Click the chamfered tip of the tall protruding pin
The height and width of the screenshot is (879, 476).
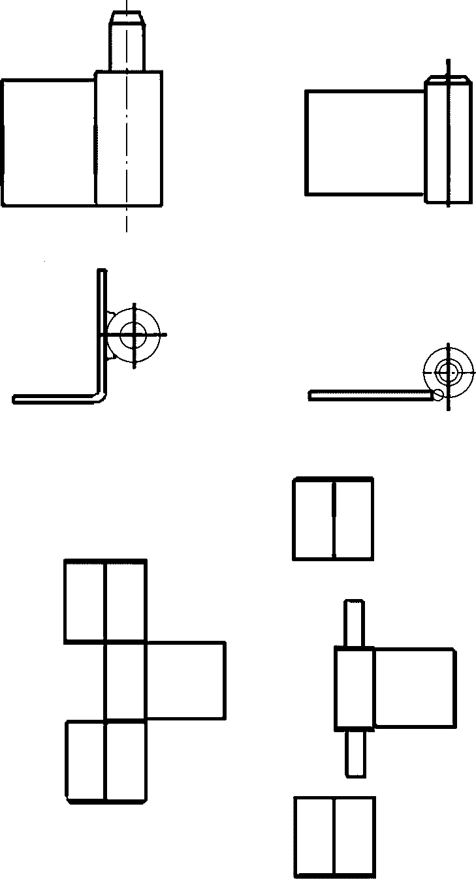[127, 17]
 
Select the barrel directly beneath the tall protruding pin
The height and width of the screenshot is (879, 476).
[129, 138]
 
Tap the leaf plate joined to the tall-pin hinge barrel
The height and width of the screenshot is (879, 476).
[48, 142]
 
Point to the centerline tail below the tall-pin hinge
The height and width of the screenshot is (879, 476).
[127, 221]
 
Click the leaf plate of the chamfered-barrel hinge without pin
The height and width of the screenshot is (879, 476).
[365, 142]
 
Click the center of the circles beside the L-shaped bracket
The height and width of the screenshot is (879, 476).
[134, 335]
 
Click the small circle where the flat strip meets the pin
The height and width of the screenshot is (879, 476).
[438, 393]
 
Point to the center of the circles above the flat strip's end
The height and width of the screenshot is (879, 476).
[448, 372]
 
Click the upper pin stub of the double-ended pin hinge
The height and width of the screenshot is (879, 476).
[355, 623]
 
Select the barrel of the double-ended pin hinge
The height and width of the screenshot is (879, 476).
[355, 688]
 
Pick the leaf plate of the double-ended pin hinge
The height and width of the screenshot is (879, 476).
[414, 688]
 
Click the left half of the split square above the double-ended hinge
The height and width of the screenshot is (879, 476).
[313, 519]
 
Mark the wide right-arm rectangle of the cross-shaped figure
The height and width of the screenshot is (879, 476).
[185, 681]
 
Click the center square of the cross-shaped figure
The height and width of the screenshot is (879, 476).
[125, 681]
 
